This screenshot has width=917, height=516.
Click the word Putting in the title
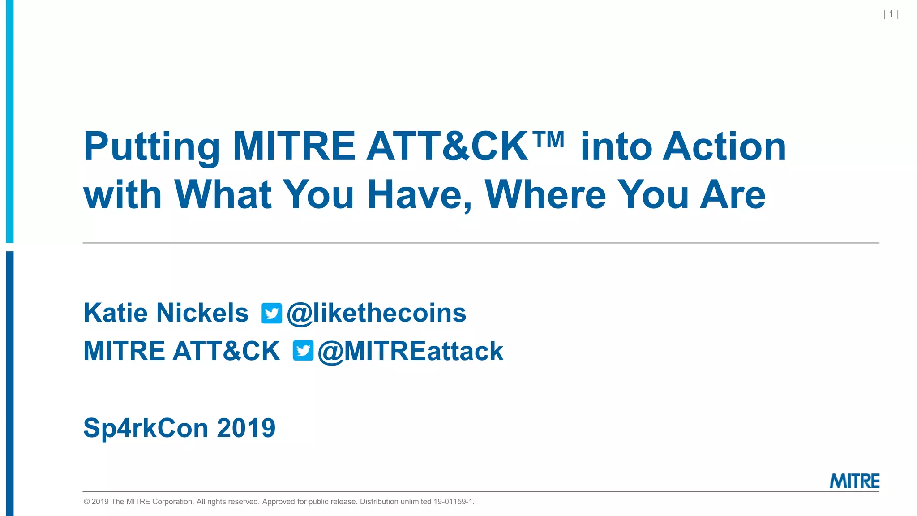click(151, 148)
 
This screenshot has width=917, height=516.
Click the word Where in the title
click(545, 195)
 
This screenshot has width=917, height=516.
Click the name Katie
click(116, 313)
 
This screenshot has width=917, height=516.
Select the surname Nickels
click(202, 313)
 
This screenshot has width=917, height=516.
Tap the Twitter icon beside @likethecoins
click(272, 314)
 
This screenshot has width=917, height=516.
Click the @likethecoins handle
click(377, 313)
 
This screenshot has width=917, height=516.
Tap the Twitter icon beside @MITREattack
click(303, 351)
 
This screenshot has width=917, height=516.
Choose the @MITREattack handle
click(410, 351)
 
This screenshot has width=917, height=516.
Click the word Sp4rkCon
click(146, 428)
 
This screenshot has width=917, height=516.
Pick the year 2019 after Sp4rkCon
click(246, 428)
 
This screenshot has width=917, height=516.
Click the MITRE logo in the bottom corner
click(854, 481)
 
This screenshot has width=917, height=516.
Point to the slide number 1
click(891, 14)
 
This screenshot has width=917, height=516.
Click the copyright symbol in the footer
click(87, 502)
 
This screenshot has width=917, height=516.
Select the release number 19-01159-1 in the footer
click(453, 502)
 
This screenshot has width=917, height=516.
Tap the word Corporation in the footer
click(172, 502)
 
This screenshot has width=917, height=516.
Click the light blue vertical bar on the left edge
click(10, 121)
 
